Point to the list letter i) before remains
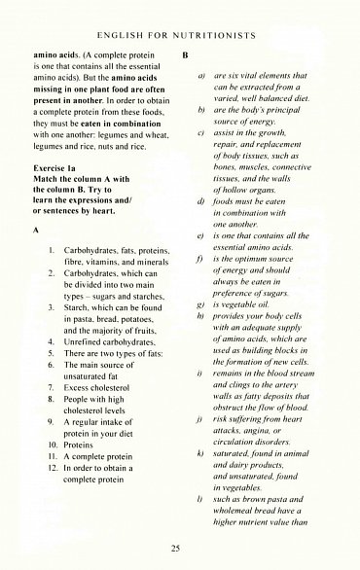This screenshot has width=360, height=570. coord(200,374)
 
